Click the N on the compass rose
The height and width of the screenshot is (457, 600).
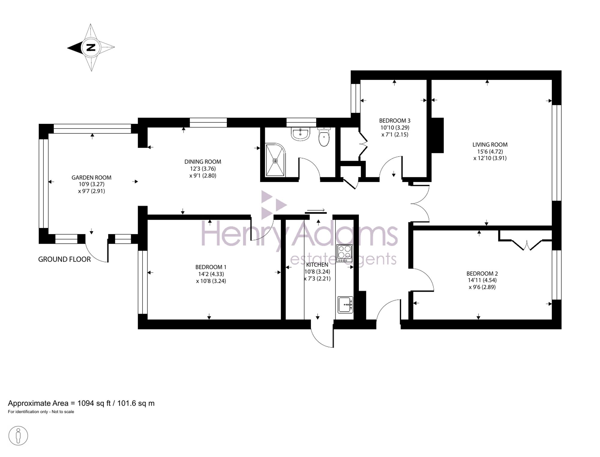pos(91,47)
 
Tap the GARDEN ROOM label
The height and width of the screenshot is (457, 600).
pos(91,178)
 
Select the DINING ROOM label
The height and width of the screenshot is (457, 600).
pos(203,162)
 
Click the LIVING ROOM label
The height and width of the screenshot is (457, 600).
pos(490,145)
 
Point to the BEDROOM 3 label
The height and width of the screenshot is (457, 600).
pos(395,120)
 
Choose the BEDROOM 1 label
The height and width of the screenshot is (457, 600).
pos(211,267)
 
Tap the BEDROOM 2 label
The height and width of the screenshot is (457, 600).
pos(482,273)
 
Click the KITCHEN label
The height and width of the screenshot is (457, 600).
pos(317,265)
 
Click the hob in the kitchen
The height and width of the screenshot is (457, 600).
pos(344,253)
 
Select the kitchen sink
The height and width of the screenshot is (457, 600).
pos(345,305)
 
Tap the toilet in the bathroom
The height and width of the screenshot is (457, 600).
pos(324,137)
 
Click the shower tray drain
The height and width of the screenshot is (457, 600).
pos(275,161)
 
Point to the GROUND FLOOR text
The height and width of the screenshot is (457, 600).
pos(64,259)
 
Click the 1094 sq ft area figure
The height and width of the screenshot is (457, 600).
pos(94,403)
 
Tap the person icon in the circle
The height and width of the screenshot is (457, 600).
pos(18,436)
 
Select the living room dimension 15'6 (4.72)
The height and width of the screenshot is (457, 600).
pos(490,151)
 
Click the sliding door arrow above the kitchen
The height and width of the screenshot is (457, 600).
pos(316,210)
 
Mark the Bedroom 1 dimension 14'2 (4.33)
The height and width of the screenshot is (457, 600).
pos(211,274)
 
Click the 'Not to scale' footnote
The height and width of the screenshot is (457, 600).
pos(63,412)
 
